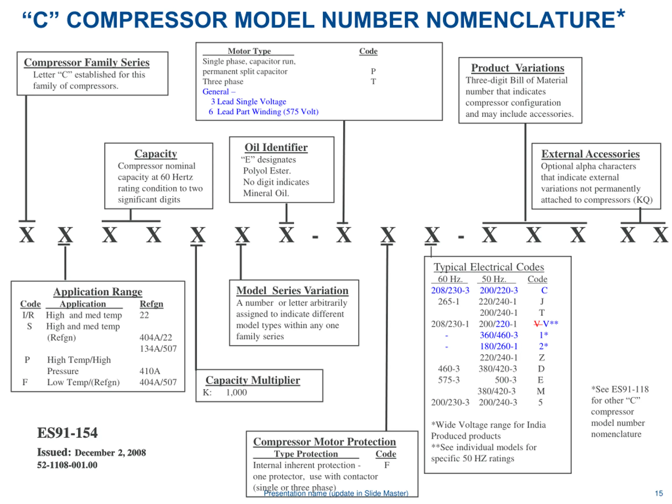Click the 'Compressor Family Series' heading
[x=87, y=62]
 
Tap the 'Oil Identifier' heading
[x=276, y=147]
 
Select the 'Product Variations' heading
[x=517, y=68]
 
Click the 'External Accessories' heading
[x=590, y=154]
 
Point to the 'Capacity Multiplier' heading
[x=253, y=380]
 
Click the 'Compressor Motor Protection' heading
[x=324, y=442]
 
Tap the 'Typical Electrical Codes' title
[x=489, y=267]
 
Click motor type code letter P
[x=373, y=71]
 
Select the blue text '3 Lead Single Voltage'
[x=249, y=102]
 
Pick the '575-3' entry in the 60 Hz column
[x=448, y=380]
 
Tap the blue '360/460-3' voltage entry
[x=498, y=335]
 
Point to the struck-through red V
[x=537, y=324]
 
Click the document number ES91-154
[x=67, y=433]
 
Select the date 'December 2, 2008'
[x=110, y=453]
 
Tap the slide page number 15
[x=659, y=493]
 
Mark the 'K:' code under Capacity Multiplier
[x=207, y=392]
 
